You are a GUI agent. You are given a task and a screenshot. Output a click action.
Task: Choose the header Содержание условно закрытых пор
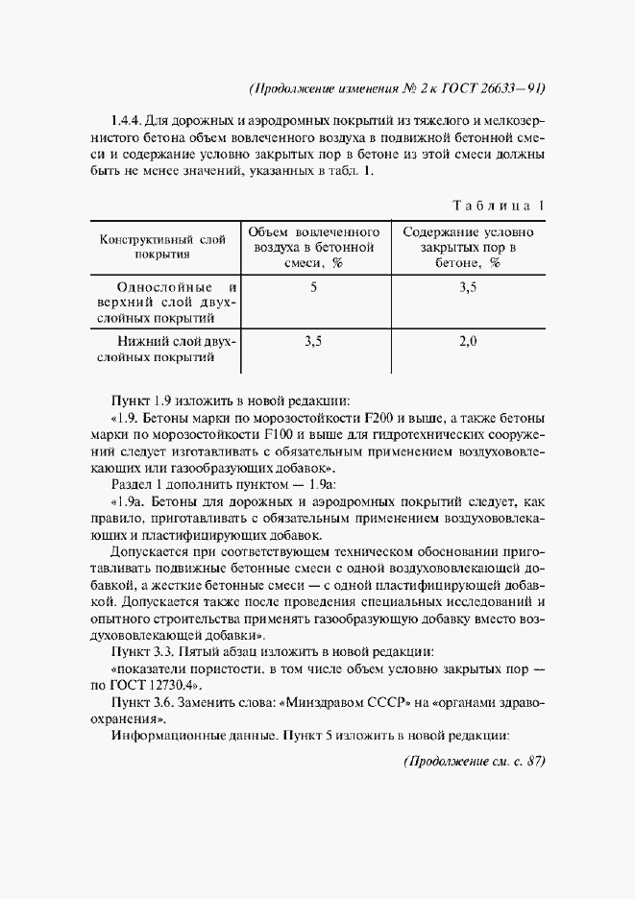468,246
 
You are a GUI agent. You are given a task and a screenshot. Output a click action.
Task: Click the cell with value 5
314,286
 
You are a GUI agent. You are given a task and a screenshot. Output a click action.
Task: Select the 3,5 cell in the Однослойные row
468,286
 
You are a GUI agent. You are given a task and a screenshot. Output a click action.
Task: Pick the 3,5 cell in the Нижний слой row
314,340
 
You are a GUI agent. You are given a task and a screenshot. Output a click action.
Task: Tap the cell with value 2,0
468,340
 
